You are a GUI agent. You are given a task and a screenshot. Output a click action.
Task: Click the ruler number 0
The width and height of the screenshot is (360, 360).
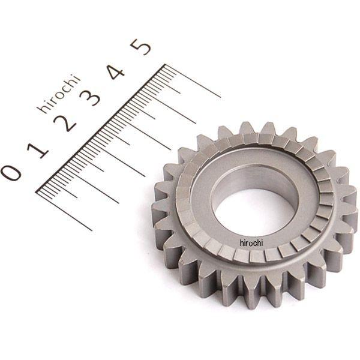click(11, 173)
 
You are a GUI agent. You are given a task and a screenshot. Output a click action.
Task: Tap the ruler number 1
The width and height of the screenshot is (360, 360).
click(38, 151)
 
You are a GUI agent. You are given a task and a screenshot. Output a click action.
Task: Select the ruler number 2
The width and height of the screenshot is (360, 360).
click(65, 124)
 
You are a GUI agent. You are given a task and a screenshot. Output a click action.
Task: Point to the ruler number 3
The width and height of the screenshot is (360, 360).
click(90, 97)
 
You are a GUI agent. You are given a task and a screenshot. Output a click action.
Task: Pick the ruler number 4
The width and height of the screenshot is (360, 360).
click(116, 72)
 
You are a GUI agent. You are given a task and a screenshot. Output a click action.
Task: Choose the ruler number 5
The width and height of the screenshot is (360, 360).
click(140, 47)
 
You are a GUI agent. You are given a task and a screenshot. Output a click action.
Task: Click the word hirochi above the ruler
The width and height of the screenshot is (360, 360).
click(59, 94)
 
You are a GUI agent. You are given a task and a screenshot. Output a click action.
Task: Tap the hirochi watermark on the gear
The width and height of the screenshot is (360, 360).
click(251, 243)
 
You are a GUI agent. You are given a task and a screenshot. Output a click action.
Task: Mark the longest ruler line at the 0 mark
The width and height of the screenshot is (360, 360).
click(64, 211)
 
